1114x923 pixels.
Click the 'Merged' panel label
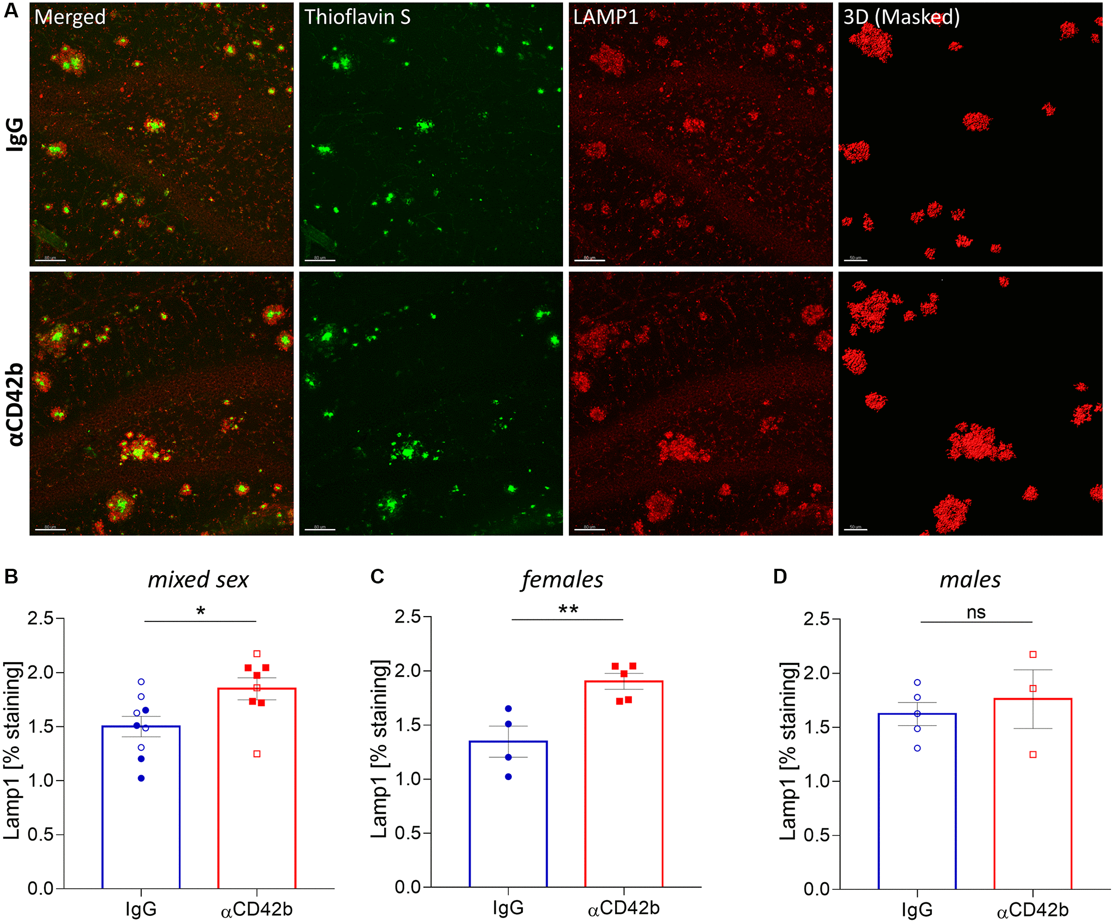(x=70, y=17)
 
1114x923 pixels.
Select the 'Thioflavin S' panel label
(x=357, y=17)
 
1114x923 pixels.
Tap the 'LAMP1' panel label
(x=605, y=17)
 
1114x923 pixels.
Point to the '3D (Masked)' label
(x=902, y=17)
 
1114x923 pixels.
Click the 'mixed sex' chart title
(x=198, y=580)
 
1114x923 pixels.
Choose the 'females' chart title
(x=562, y=580)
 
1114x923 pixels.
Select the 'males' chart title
(x=970, y=580)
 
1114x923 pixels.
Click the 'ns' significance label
(x=976, y=613)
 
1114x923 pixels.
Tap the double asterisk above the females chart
(x=568, y=610)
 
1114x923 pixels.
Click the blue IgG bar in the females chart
(x=508, y=815)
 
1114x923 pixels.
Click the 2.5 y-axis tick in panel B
(x=41, y=618)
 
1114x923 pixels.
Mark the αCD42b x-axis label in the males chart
(x=1032, y=909)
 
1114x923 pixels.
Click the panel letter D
(x=780, y=576)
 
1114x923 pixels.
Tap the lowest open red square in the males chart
(x=1033, y=755)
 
